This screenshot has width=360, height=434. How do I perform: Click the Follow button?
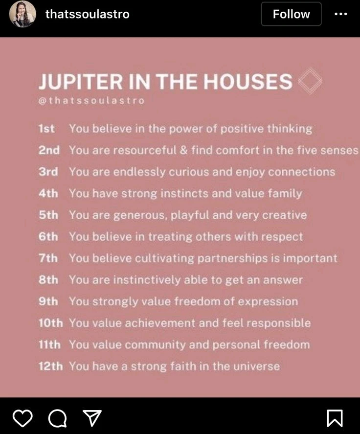coord(291,14)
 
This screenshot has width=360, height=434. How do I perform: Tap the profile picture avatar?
coord(22,14)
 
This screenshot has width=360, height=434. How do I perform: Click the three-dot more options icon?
coord(340,14)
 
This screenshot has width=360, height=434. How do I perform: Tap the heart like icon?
coord(22,418)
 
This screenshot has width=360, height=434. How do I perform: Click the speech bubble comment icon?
coord(58,418)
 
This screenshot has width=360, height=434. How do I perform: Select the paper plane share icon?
coord(92,418)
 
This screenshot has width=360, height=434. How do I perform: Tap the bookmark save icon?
coord(335,418)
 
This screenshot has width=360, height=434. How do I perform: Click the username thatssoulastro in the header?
coord(88,14)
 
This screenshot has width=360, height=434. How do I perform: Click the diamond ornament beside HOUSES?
coord(310,81)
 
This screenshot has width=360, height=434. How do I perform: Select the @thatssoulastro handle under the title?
coord(91,100)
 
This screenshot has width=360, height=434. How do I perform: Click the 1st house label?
coord(46,129)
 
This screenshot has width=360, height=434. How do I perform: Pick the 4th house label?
coord(48,193)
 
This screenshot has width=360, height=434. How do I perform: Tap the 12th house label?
coord(51,366)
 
